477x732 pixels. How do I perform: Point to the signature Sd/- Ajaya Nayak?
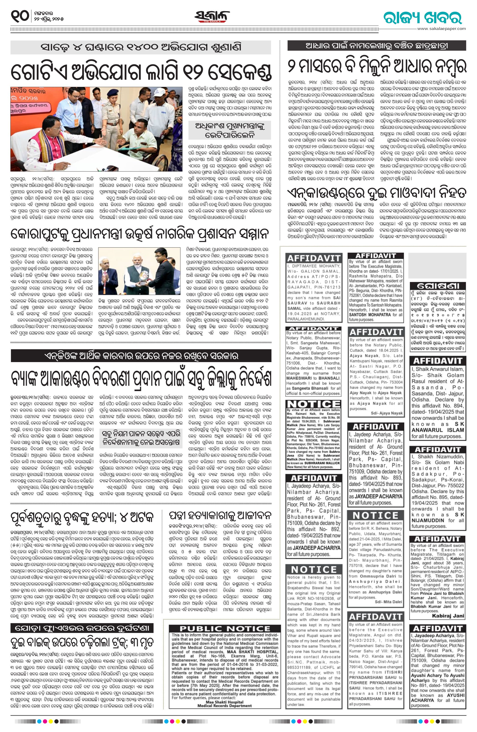[387, 413]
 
